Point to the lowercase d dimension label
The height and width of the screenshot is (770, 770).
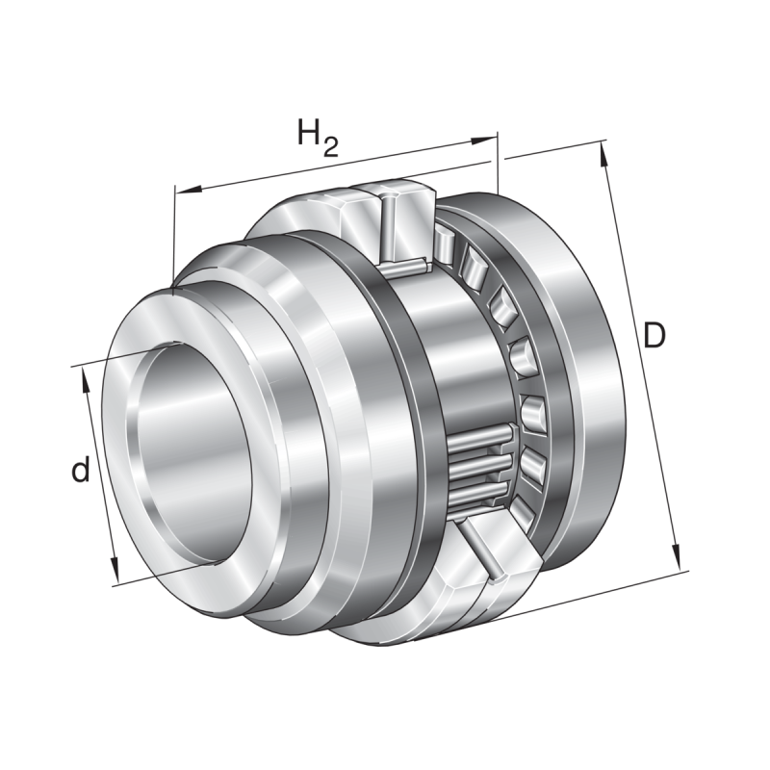[82, 471]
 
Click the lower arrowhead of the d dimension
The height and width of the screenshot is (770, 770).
[116, 574]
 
